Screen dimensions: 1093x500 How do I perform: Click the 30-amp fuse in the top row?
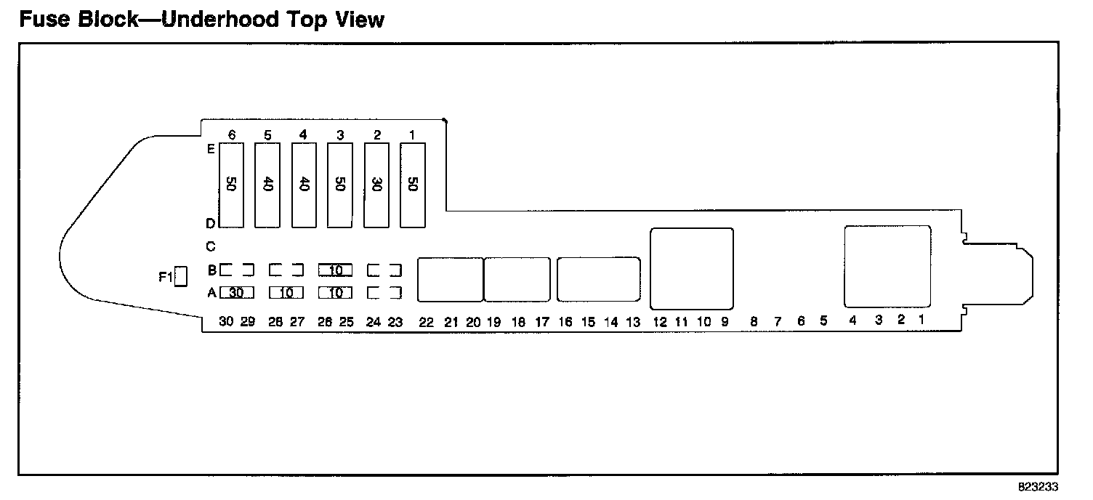[x=376, y=185]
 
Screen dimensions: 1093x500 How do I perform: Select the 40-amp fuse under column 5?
[x=267, y=185]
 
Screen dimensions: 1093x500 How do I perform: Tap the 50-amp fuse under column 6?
[x=231, y=185]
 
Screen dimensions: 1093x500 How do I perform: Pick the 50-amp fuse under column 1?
[x=413, y=185]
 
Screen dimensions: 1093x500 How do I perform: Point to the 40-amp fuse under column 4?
[x=304, y=185]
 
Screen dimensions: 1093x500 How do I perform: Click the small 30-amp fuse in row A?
[x=236, y=293]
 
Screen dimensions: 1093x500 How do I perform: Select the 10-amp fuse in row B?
[x=335, y=270]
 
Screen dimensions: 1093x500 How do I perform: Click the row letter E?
[x=211, y=149]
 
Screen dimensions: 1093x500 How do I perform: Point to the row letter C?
[x=211, y=246]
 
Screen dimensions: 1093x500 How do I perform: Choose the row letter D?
[x=211, y=224]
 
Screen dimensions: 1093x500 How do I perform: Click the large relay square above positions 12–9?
[x=691, y=268]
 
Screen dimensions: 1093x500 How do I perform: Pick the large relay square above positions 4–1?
[x=887, y=266]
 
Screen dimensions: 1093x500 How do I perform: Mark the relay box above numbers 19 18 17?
[x=517, y=279]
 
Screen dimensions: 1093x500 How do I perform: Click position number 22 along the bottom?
[x=427, y=323]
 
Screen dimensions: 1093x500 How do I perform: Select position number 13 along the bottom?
[x=633, y=323]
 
